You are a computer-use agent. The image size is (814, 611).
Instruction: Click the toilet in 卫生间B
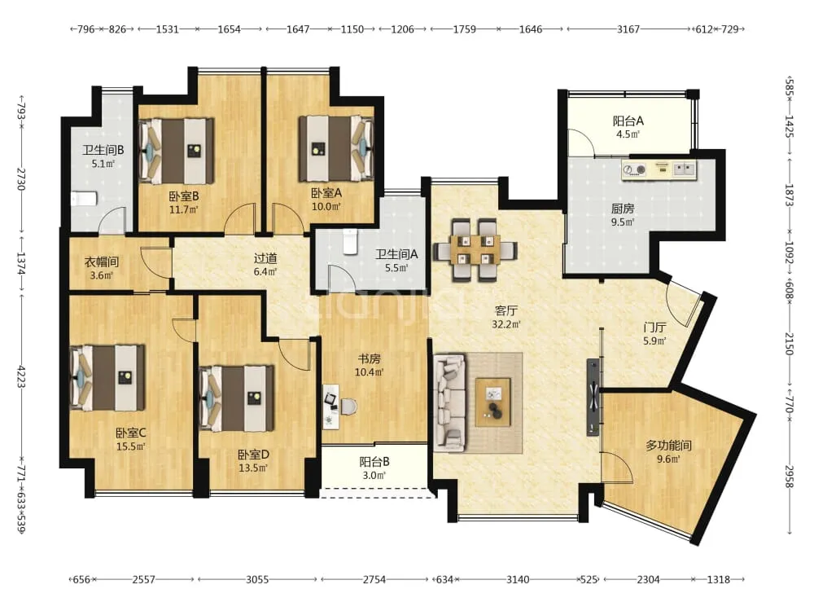84,199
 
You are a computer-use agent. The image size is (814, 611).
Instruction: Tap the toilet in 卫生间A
350,242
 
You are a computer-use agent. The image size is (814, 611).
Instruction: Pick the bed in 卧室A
336,148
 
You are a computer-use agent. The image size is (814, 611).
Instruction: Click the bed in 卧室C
107,377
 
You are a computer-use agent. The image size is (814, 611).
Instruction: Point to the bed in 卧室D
237,399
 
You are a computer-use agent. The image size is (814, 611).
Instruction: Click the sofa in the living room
449,402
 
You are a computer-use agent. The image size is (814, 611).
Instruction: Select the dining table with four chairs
475,249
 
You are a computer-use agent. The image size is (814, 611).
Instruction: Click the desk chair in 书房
348,407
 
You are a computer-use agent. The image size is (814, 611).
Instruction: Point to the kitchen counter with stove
659,170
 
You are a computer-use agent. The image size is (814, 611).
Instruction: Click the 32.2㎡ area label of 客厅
506,325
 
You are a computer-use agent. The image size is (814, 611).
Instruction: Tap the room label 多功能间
668,446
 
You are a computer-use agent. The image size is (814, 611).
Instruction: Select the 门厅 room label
654,327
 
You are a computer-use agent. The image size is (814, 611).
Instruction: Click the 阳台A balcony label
628,121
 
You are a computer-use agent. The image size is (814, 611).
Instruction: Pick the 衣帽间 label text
101,262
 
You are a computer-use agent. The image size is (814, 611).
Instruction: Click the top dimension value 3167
628,29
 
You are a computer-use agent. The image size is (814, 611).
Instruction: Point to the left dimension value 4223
21,376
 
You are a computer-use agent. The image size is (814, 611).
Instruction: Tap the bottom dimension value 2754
374,578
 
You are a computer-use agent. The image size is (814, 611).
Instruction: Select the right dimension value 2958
789,477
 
